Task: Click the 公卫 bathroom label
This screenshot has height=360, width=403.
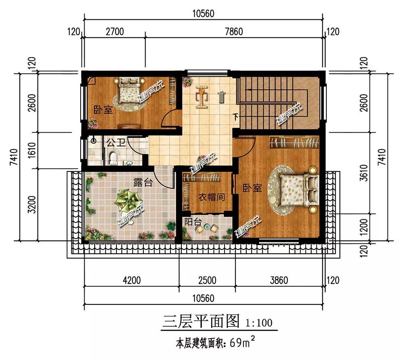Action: [x=116, y=142]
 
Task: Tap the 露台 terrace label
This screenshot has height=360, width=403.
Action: [x=143, y=182]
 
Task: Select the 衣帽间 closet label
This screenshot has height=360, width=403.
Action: [x=211, y=197]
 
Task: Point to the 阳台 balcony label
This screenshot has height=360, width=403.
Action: [x=193, y=222]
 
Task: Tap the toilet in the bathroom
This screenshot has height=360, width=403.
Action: [x=113, y=158]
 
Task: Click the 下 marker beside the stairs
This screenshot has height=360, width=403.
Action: [x=236, y=117]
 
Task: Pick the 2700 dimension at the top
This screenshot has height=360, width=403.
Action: [x=114, y=31]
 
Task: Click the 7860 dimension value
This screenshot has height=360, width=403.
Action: [x=234, y=31]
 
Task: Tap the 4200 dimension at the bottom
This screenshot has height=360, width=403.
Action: [x=132, y=280]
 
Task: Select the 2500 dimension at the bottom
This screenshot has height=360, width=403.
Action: [x=207, y=280]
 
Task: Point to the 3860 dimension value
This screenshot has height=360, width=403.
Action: [x=279, y=280]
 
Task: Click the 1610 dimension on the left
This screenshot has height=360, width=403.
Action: [x=31, y=151]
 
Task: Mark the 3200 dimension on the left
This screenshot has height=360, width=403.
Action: [x=31, y=205]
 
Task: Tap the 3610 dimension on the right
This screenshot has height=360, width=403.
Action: [x=364, y=173]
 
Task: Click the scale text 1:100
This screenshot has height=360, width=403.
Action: [x=259, y=323]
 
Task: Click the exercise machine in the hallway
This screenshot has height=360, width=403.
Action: [x=201, y=97]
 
